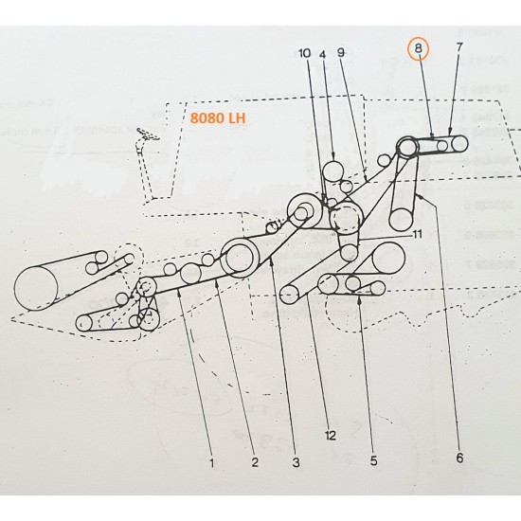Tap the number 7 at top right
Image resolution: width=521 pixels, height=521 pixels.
click(x=459, y=47)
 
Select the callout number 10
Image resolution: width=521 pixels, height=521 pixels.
click(x=304, y=55)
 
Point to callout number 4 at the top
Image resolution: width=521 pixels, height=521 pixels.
click(x=323, y=55)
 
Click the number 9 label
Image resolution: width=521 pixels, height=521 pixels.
click(x=341, y=55)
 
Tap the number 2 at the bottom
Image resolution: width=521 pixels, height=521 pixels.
click(x=254, y=462)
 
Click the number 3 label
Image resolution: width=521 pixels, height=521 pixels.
click(x=296, y=462)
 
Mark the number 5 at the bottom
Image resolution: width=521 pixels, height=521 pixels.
click(x=373, y=460)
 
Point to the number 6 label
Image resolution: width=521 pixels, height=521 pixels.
click(x=459, y=458)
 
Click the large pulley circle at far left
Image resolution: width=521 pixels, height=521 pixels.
click(x=37, y=287)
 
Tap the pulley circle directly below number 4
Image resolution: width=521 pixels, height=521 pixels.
click(x=333, y=171)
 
